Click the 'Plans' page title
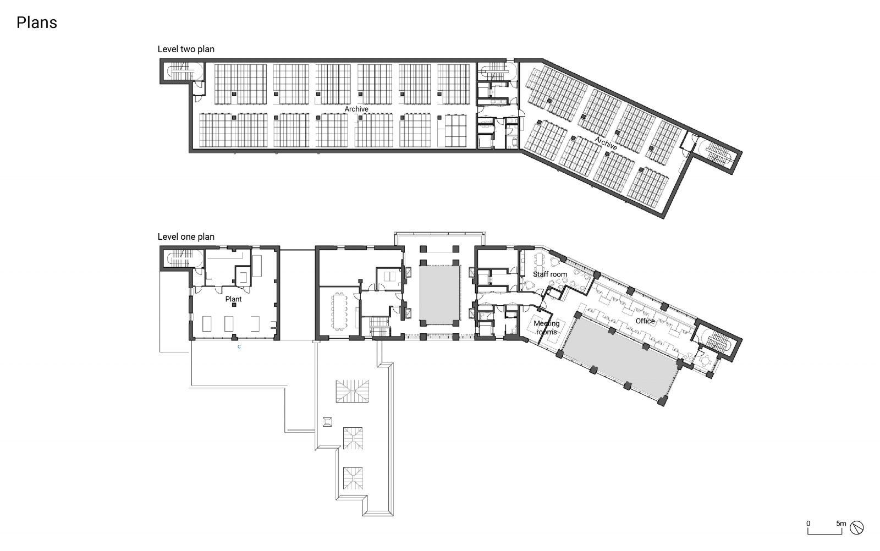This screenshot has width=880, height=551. tap(36, 23)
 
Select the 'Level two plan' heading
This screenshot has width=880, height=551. tap(186, 49)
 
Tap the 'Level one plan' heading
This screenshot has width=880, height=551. tap(186, 236)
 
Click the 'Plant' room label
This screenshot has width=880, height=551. tap(233, 299)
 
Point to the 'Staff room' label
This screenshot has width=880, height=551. tap(549, 274)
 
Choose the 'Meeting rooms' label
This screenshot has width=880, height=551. tap(546, 328)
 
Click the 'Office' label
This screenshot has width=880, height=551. tap(645, 321)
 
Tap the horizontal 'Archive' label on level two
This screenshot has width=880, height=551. tap(356, 109)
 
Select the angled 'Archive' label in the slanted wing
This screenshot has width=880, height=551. tap(606, 144)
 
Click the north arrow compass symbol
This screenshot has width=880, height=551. tap(856, 528)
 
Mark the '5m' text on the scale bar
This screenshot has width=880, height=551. tap(840, 524)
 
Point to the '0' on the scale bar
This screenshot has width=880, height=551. tap(808, 524)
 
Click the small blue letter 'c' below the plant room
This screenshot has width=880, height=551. tap(239, 347)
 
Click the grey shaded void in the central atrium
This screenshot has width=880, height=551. tap(439, 294)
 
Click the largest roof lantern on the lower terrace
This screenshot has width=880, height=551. tap(353, 390)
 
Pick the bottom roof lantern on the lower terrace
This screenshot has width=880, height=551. tap(353, 477)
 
